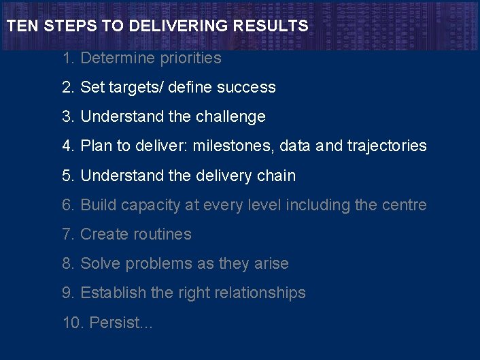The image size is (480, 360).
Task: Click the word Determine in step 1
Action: click(118, 59)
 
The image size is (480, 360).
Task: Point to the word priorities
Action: click(190, 59)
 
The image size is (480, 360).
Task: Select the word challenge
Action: click(230, 117)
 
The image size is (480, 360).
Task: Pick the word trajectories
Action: click(387, 146)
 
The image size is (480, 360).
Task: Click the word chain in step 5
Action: click(276, 176)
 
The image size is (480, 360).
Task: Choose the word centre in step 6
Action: click(405, 205)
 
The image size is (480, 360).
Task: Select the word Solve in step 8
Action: click(99, 263)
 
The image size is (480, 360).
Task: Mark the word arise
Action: click(271, 263)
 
